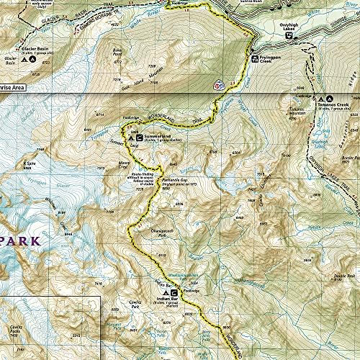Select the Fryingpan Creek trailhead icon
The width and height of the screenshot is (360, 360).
click(x=254, y=57)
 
